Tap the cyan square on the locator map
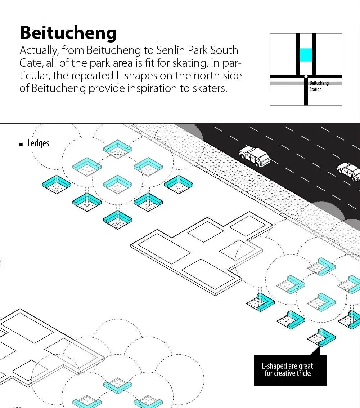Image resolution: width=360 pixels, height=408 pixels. (x=306, y=55)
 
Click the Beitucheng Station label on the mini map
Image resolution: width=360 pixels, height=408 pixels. (x=319, y=86)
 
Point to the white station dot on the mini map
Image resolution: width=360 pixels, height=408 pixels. (x=306, y=76)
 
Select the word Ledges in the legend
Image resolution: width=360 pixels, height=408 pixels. (x=38, y=143)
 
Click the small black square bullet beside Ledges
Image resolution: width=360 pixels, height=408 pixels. (x=21, y=144)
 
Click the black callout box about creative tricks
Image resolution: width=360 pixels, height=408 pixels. (x=290, y=370)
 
